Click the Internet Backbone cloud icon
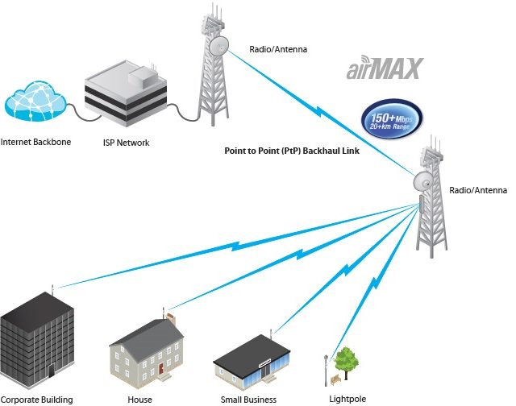[x=35, y=101]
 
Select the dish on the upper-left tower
[x=218, y=45]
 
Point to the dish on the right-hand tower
[x=423, y=180]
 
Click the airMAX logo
[x=385, y=68]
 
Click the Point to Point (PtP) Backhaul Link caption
[x=292, y=151]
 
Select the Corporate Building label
[x=36, y=400]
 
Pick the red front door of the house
[x=161, y=368]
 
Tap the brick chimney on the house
[x=171, y=319]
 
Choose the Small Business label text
[x=248, y=400]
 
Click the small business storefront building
[x=252, y=362]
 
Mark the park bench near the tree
[x=335, y=379]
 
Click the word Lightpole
[x=347, y=399]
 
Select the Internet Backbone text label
[x=35, y=142]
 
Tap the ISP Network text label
[x=126, y=143]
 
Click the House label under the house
[x=139, y=400]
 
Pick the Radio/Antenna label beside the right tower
[x=478, y=190]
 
